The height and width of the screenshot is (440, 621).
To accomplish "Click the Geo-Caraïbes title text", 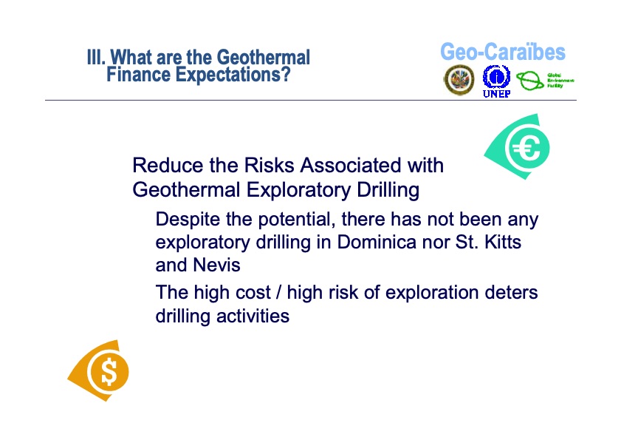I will [502, 53].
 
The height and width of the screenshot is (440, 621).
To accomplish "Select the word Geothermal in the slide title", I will [265, 58].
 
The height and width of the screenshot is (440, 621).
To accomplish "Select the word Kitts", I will [504, 242].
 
